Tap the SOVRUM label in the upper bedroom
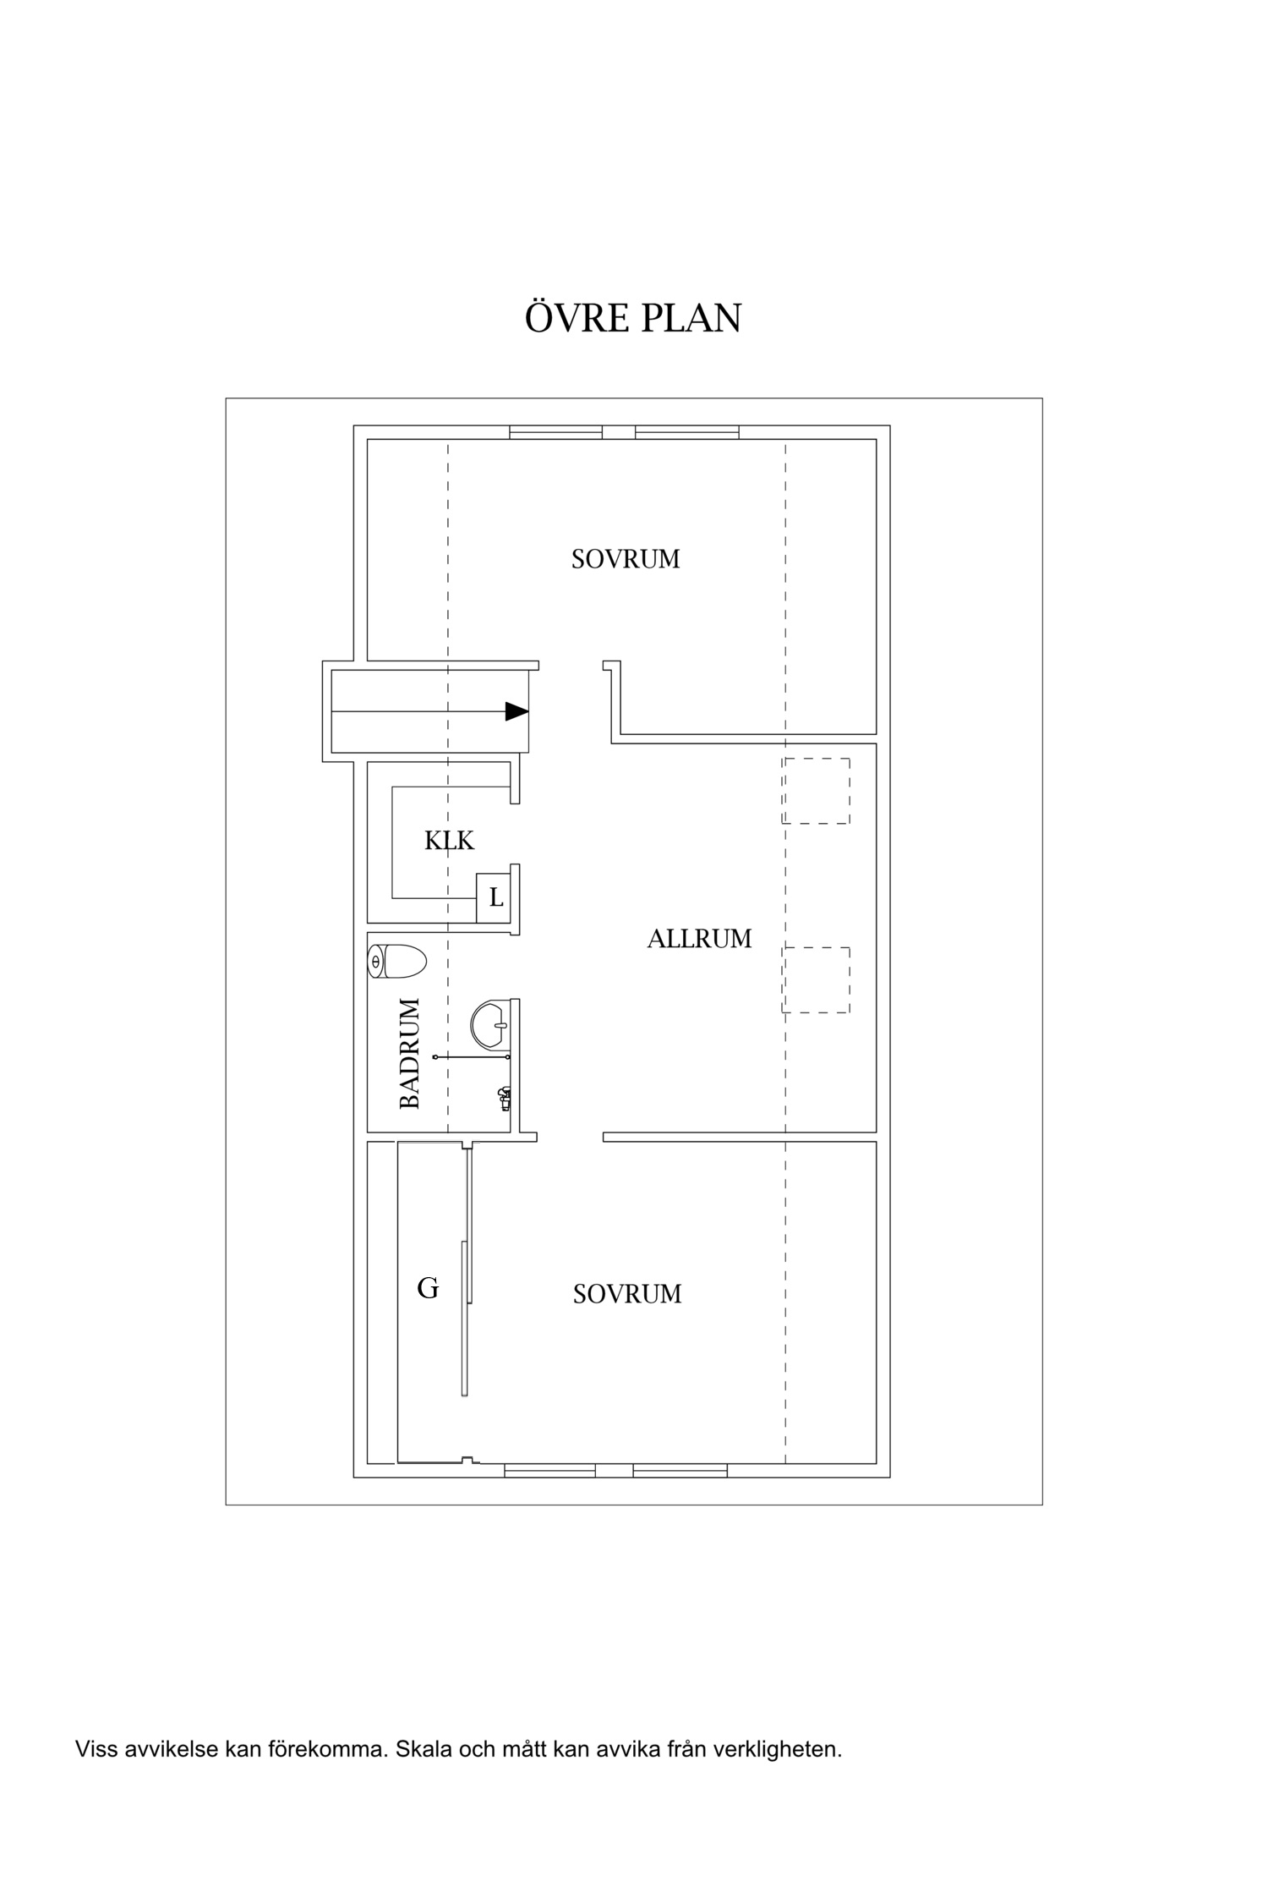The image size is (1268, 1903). [626, 560]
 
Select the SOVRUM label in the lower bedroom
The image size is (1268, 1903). [627, 1294]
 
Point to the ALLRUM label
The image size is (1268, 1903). [699, 939]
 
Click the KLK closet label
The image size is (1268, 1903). [450, 841]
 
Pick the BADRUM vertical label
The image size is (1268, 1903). [409, 1054]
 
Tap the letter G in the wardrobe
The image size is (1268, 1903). [428, 1288]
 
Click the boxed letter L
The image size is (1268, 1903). [495, 897]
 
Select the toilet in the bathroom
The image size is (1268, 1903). [397, 962]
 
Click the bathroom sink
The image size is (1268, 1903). [489, 1024]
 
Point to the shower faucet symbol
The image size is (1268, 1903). [504, 1099]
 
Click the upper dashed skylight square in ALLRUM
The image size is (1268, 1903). [816, 791]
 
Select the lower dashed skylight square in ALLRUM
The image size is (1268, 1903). [816, 980]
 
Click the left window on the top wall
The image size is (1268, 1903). [556, 432]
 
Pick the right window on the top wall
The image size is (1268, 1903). [687, 432]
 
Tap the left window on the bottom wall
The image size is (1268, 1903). [550, 1471]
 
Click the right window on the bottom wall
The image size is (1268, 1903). [680, 1471]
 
